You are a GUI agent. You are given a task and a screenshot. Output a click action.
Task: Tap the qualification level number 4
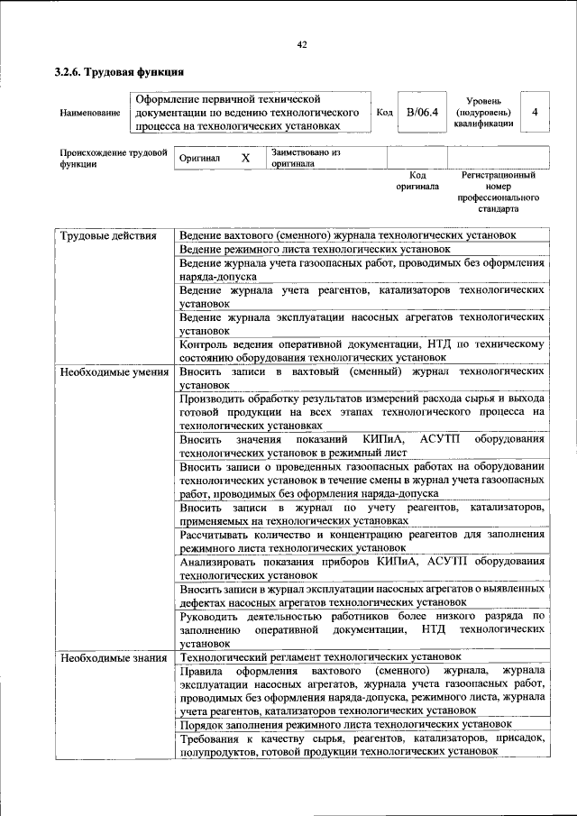coord(536,113)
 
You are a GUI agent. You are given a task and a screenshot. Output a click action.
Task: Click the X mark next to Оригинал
coord(245,158)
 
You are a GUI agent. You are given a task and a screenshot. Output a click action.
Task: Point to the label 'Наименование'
coord(90,113)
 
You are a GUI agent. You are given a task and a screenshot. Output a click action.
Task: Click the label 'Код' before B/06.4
coord(384,113)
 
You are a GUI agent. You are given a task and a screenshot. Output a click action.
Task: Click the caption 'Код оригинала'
coord(417,180)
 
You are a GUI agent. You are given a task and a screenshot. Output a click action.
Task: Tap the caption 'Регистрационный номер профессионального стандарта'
coord(498,191)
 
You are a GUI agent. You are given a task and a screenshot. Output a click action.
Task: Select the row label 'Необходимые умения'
coord(114,371)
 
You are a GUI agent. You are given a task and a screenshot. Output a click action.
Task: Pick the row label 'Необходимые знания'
coord(113,657)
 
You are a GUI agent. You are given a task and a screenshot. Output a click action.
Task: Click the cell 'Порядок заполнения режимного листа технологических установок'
coord(345,724)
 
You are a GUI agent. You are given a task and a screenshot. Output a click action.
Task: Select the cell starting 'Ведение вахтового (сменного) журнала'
coord(347,234)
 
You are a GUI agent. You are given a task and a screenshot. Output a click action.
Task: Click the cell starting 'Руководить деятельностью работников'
coord(361,629)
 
